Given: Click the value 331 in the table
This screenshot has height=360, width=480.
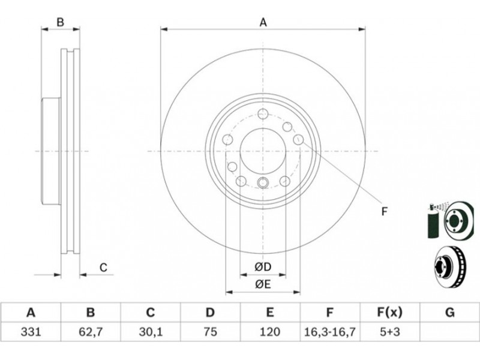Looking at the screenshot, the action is click(x=31, y=332).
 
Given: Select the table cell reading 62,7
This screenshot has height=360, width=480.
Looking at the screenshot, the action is click(x=91, y=332).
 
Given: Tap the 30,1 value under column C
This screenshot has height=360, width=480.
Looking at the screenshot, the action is click(x=150, y=332).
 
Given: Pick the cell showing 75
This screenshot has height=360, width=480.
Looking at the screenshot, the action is click(x=210, y=332).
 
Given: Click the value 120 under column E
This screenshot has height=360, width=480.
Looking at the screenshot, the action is click(x=269, y=332).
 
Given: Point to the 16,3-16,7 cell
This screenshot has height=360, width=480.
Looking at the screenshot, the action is click(x=329, y=332).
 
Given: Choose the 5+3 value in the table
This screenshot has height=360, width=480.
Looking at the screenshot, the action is click(x=389, y=332).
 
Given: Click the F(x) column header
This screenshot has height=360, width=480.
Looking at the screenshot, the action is click(x=389, y=313).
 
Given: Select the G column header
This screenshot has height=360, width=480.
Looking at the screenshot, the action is click(x=449, y=313).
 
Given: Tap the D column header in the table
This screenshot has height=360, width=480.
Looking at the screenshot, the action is click(x=210, y=313).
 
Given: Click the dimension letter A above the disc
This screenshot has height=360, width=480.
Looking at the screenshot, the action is click(x=263, y=22).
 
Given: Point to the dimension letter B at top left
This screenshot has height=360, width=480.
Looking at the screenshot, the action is click(x=61, y=22).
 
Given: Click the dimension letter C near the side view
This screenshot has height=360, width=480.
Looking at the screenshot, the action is click(x=103, y=267).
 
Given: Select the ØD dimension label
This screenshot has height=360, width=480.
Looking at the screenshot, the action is click(x=263, y=267).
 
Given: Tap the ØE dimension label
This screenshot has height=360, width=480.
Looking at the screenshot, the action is click(x=263, y=284).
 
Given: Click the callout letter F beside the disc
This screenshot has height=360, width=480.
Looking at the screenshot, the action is click(x=385, y=211).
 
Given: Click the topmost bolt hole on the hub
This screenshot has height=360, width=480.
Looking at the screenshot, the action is click(x=263, y=113).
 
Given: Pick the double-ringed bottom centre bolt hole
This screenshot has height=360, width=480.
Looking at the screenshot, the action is click(x=263, y=182).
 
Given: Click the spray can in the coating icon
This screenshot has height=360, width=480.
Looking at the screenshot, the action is click(x=433, y=221).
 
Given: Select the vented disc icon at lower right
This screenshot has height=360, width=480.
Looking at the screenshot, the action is click(x=449, y=266).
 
